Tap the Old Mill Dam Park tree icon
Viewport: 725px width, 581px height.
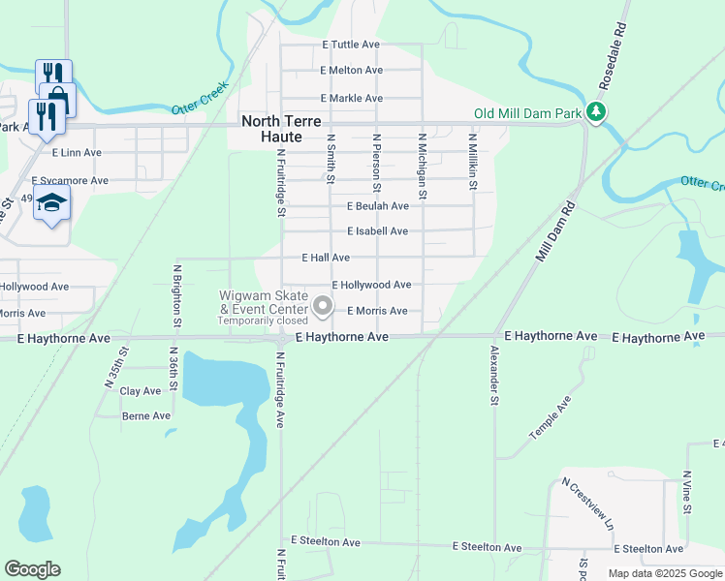(598, 113)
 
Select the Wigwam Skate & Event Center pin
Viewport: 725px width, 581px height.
(323, 307)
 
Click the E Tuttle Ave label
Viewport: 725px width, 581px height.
(353, 45)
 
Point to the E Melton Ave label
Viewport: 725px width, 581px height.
(351, 71)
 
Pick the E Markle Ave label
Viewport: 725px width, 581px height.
(351, 99)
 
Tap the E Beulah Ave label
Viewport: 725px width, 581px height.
(377, 206)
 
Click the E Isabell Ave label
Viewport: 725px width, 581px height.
(377, 231)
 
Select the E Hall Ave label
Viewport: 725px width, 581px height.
(325, 259)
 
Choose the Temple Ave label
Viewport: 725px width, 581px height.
(550, 418)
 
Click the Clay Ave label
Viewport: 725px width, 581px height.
(140, 391)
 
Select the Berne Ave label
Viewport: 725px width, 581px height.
(145, 415)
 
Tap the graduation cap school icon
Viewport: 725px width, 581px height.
(51, 204)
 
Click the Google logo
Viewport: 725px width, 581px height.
(32, 568)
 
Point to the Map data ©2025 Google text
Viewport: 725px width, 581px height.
(664, 573)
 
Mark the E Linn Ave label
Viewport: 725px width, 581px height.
(77, 153)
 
